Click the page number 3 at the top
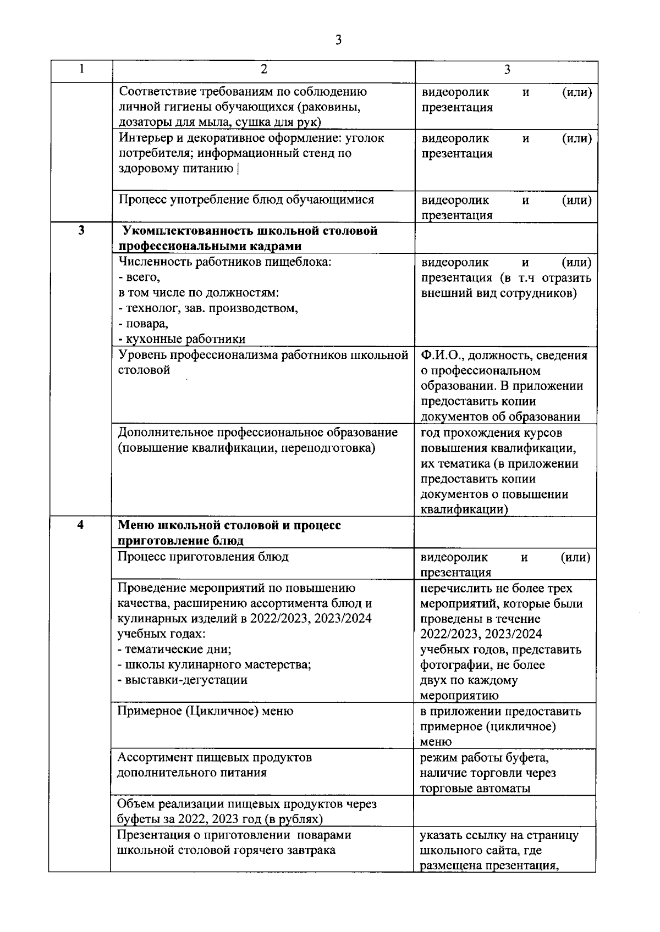[338, 40]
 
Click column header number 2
[264, 69]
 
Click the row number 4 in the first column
[81, 524]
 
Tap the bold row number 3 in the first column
[81, 231]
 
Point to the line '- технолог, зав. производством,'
[208, 308]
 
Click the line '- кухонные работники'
[182, 339]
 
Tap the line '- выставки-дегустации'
[183, 680]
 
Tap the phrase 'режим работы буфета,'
[484, 758]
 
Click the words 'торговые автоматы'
[475, 789]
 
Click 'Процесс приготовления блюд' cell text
[204, 557]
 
